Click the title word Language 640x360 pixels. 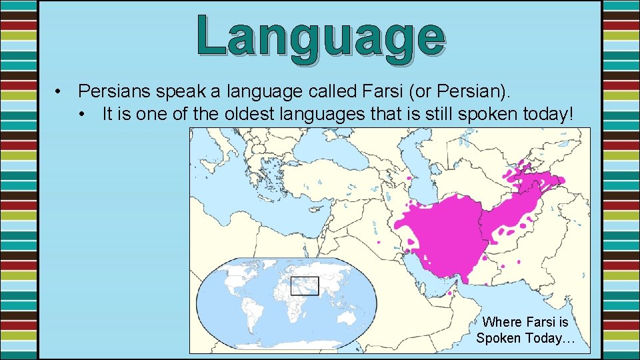pos(321,36)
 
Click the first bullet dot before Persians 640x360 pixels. pos(59,91)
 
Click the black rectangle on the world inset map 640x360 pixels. pos(305,286)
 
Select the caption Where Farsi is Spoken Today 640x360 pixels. pos(525,330)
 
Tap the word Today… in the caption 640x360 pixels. pos(550,338)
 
